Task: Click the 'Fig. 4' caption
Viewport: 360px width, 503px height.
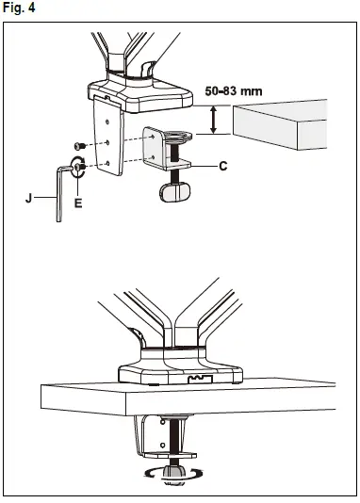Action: (20, 8)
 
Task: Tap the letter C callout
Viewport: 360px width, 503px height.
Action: (222, 166)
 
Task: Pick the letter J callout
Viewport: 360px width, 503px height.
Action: (30, 199)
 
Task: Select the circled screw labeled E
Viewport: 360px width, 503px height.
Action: (79, 171)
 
